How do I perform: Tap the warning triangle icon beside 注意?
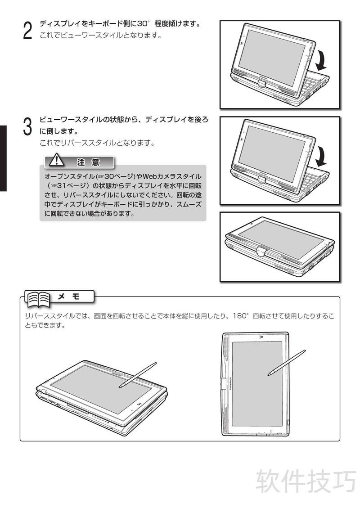pyautogui.click(x=56, y=160)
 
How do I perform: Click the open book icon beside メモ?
pyautogui.click(x=39, y=300)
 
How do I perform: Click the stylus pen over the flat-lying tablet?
pyautogui.click(x=137, y=375)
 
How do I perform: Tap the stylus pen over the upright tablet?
pyautogui.click(x=287, y=363)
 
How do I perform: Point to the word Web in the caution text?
pyautogui.click(x=150, y=176)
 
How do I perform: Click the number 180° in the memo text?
pyautogui.click(x=240, y=316)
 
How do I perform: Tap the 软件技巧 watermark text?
pyautogui.click(x=306, y=481)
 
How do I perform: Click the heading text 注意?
pyautogui.click(x=88, y=162)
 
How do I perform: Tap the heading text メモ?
pyautogui.click(x=68, y=297)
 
